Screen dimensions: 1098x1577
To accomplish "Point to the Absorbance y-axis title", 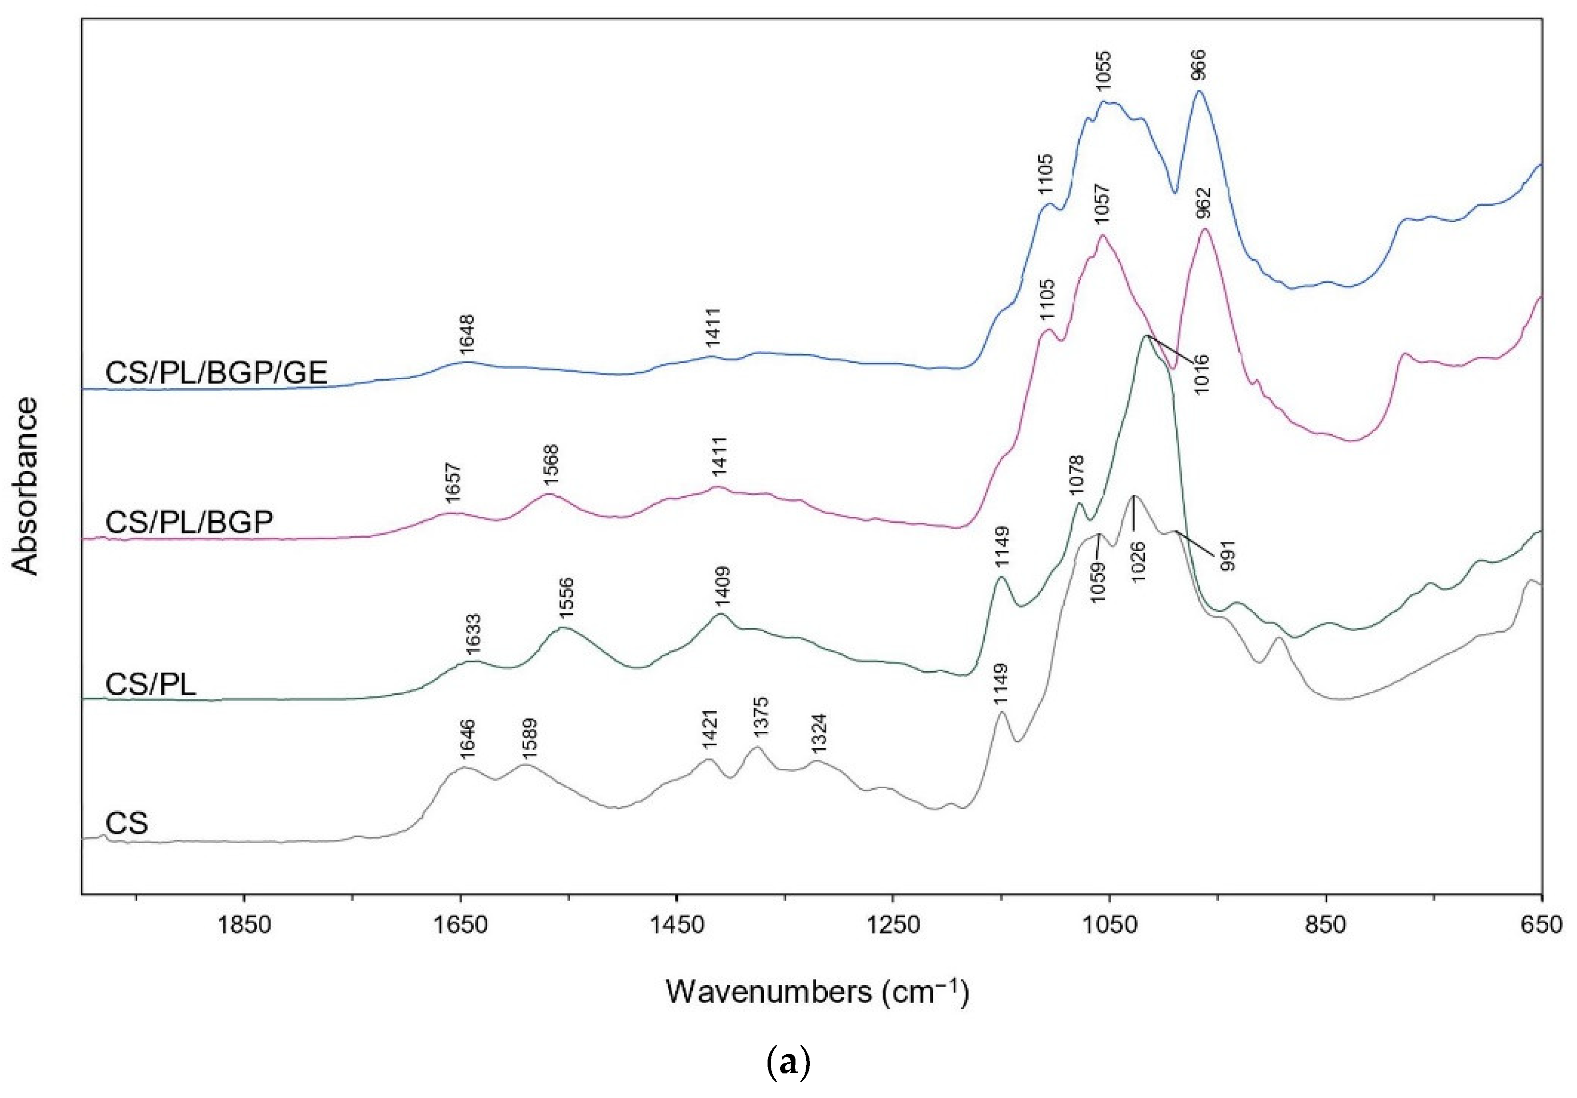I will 26,486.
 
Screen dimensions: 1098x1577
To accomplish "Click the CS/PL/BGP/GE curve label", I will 216,373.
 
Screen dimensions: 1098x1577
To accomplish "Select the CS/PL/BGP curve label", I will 189,523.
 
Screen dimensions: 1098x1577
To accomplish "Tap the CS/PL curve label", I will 151,685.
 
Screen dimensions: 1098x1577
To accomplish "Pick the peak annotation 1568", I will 551,465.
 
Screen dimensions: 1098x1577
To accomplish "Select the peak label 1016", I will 1201,374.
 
